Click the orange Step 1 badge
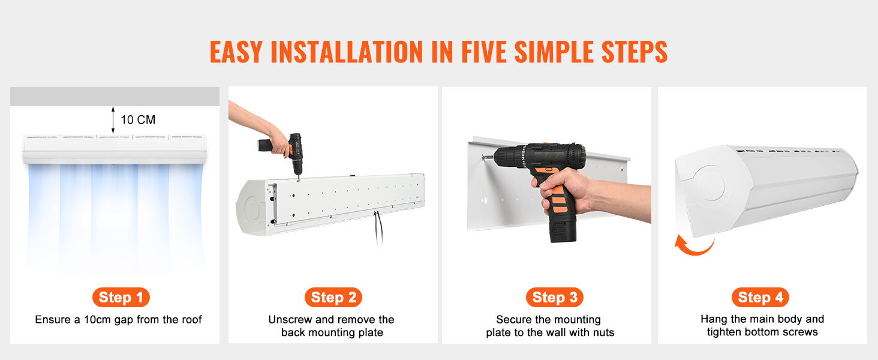tap(121, 297)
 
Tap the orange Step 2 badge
tap(333, 297)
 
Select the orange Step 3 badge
tap(555, 297)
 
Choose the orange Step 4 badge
tap(760, 297)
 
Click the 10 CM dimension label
tap(138, 119)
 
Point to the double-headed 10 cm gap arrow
tap(113, 120)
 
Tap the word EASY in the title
tap(236, 52)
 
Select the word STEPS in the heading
tap(634, 52)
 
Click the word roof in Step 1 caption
tap(192, 320)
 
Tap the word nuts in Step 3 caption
tap(603, 332)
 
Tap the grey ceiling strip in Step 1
tap(115, 97)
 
